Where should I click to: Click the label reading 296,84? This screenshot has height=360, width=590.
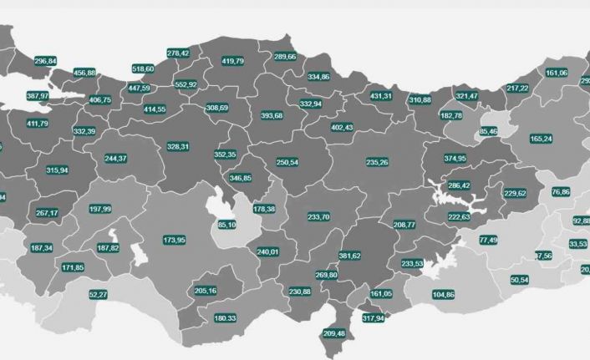[46, 61]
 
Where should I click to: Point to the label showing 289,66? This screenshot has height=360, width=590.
[285, 57]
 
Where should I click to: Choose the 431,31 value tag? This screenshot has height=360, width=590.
[380, 96]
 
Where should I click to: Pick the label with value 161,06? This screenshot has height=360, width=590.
[557, 73]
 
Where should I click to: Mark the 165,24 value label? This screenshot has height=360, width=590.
[542, 138]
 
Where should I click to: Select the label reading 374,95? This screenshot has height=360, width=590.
[455, 158]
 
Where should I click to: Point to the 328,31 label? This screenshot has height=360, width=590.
[178, 146]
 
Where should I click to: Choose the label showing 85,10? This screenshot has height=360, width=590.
[226, 225]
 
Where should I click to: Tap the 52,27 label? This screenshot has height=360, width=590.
[98, 295]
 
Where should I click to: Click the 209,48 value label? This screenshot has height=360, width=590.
[333, 333]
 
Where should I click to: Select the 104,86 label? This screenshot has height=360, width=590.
[444, 295]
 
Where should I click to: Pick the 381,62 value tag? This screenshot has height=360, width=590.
[349, 256]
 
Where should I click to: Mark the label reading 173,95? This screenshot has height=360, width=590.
[175, 240]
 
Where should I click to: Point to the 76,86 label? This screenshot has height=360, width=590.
[561, 192]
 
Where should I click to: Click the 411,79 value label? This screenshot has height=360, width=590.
[38, 124]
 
